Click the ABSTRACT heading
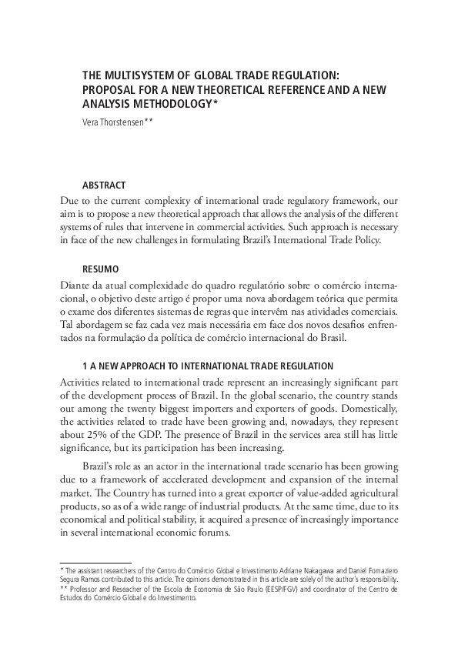(x=104, y=185)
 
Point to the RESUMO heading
(x=101, y=270)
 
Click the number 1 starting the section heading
(x=85, y=365)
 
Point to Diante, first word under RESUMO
(x=75, y=286)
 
